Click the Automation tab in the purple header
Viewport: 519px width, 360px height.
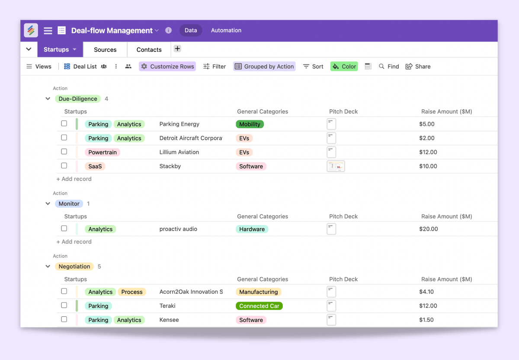226,30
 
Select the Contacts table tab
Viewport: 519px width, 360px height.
149,50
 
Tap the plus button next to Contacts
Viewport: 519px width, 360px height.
177,48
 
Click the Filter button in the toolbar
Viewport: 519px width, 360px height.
215,67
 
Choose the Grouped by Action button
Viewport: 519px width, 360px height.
264,67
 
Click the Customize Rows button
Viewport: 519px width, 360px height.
167,67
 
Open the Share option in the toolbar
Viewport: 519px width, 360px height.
418,67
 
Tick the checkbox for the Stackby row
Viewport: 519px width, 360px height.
64,166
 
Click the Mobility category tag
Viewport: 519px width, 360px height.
250,124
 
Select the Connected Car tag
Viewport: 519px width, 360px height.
259,306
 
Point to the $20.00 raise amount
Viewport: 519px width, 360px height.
428,229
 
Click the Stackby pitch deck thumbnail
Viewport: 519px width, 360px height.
336,166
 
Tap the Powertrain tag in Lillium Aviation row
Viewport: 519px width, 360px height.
103,152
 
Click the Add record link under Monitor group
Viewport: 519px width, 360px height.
74,242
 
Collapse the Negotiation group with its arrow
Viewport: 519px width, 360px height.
48,267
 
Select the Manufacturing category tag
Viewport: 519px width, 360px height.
258,292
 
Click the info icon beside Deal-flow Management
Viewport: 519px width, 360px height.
168,30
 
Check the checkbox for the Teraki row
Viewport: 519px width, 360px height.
64,305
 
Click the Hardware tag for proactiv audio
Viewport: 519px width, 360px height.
252,229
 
